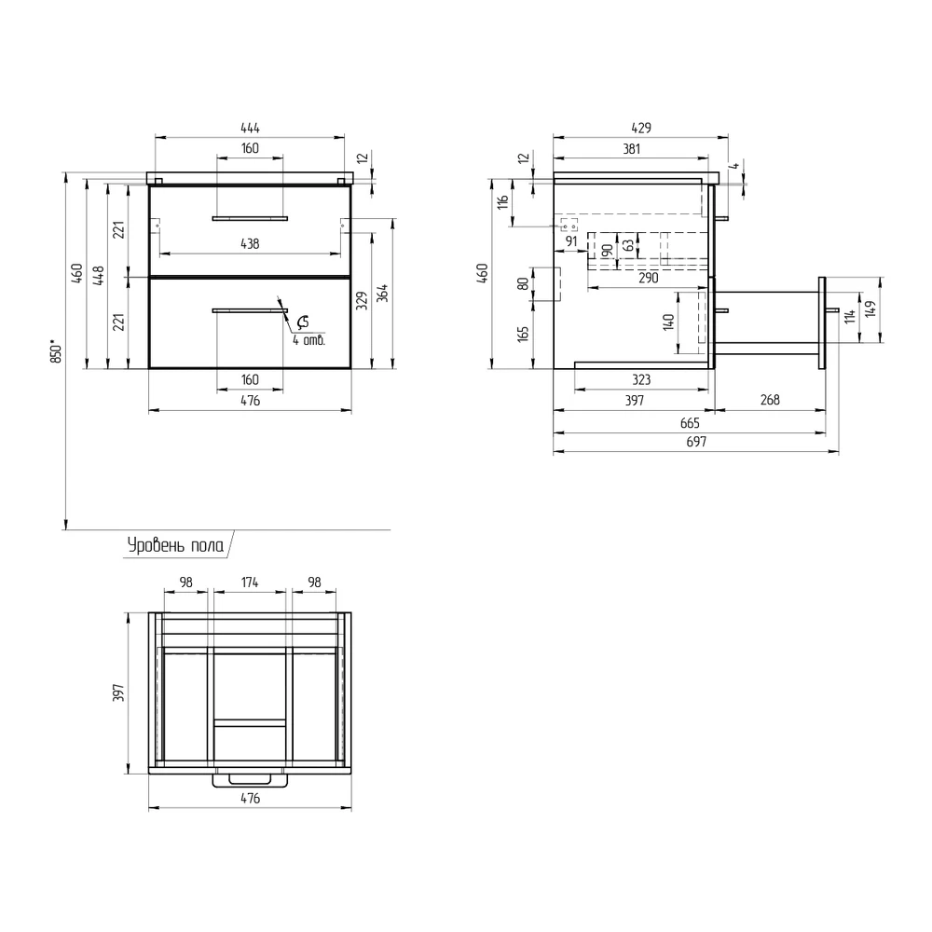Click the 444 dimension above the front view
(250, 128)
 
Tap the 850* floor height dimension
(56, 351)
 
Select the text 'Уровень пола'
(176, 545)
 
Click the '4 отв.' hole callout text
(308, 340)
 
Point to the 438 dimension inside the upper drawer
(250, 243)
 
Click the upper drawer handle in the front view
(250, 219)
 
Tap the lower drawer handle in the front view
(250, 310)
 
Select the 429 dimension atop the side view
(641, 128)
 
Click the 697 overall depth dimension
(696, 442)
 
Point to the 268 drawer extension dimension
(770, 400)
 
